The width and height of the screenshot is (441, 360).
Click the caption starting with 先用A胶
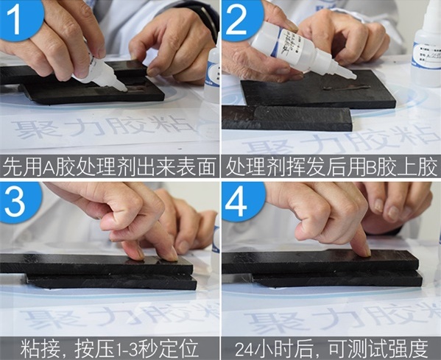click(110, 166)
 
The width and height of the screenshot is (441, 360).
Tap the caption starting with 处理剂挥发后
click(331, 166)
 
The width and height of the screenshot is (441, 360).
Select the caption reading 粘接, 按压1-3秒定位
click(110, 347)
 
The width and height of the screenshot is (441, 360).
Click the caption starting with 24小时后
click(331, 347)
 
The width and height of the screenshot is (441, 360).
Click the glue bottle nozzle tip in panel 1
click(123, 88)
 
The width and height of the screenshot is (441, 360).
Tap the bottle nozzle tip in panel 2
click(353, 76)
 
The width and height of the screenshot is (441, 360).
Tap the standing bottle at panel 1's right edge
click(214, 74)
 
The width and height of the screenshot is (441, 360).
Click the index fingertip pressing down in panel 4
click(361, 250)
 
